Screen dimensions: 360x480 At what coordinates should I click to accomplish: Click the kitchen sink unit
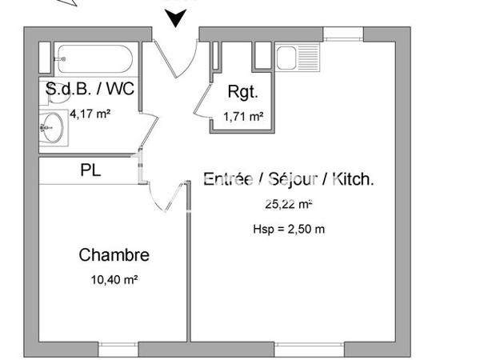tap(297, 57)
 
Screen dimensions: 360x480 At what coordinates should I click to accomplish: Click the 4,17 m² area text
tap(90, 114)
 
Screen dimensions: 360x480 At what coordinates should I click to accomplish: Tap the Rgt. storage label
tap(242, 92)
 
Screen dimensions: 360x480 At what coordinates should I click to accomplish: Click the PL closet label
tap(90, 170)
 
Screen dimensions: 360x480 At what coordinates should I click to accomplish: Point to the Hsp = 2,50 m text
tap(289, 229)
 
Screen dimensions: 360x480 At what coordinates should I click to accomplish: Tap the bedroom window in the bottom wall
tap(119, 350)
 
